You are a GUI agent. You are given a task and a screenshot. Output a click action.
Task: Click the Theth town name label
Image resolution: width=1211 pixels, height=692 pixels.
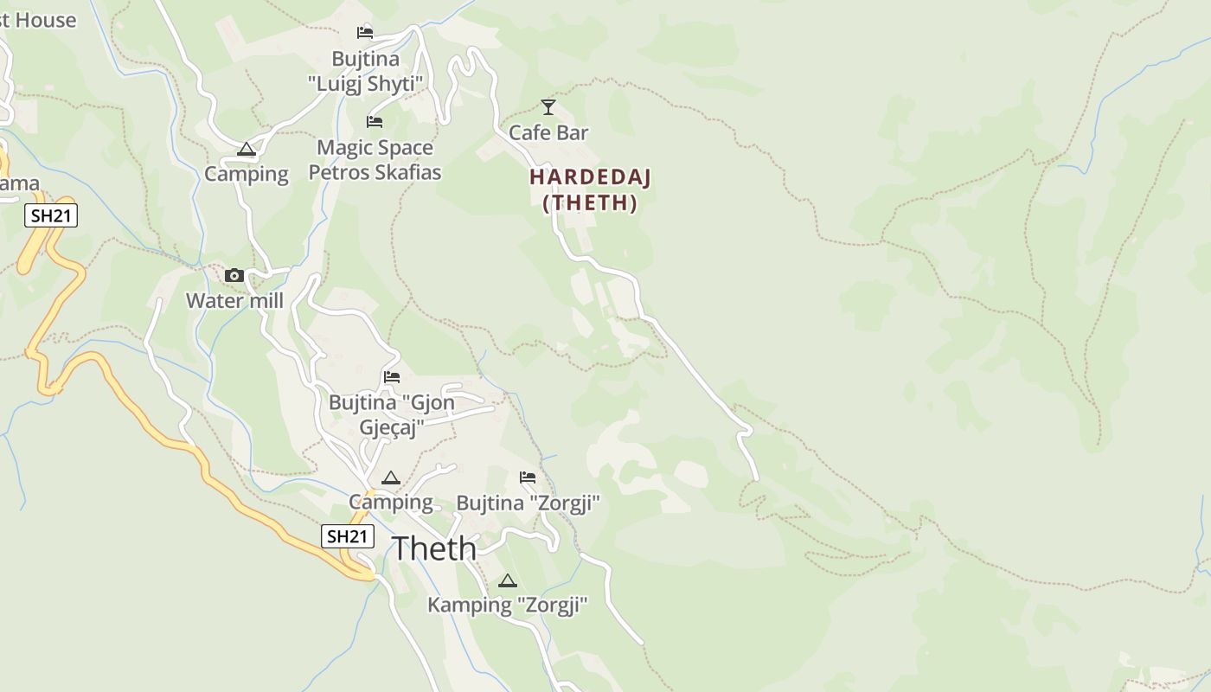click(x=434, y=548)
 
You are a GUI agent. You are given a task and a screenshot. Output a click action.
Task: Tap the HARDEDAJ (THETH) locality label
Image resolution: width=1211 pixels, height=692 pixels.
click(x=590, y=189)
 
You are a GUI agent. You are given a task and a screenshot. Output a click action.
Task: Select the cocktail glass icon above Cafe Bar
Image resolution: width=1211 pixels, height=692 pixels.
click(x=548, y=107)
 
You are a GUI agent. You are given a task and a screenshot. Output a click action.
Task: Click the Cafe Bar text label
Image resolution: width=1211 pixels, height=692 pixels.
click(x=548, y=132)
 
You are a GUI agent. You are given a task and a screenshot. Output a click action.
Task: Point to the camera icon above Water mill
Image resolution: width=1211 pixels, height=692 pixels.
click(x=234, y=276)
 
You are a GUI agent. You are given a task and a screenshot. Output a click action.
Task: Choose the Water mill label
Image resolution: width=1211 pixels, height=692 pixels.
click(x=234, y=301)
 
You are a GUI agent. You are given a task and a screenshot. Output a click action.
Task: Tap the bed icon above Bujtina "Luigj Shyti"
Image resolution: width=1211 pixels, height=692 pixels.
click(x=365, y=33)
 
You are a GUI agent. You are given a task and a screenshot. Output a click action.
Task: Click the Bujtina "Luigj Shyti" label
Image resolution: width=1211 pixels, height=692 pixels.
click(x=366, y=71)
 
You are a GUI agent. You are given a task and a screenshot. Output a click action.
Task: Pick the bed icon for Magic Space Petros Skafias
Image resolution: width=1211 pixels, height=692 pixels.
click(x=375, y=122)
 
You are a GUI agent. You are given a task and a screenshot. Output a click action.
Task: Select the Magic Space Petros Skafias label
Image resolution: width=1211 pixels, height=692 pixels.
click(x=375, y=160)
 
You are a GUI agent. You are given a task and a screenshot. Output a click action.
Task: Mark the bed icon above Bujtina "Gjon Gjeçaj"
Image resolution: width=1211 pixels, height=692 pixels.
click(x=392, y=377)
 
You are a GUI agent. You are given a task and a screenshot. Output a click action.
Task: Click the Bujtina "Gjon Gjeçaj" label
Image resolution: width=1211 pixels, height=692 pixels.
click(x=392, y=414)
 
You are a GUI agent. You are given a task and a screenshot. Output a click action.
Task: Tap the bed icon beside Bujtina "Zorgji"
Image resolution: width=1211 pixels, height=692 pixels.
click(x=528, y=477)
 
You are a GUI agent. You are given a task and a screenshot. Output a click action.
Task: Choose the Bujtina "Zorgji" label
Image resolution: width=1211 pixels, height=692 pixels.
click(x=528, y=503)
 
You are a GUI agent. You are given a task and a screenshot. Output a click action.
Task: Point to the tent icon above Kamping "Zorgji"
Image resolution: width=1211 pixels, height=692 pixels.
click(x=508, y=580)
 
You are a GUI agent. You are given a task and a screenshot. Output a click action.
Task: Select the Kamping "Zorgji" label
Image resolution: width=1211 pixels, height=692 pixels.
click(x=508, y=605)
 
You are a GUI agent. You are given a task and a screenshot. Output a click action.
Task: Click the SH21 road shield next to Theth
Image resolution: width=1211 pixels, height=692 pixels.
click(x=348, y=536)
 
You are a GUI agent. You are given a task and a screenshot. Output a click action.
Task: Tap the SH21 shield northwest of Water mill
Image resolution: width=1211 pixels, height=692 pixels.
click(x=51, y=215)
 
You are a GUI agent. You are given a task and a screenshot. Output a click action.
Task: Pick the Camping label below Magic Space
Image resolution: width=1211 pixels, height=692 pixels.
click(x=247, y=174)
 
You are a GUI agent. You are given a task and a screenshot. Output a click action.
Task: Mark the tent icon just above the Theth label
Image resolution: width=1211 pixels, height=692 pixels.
click(x=391, y=477)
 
